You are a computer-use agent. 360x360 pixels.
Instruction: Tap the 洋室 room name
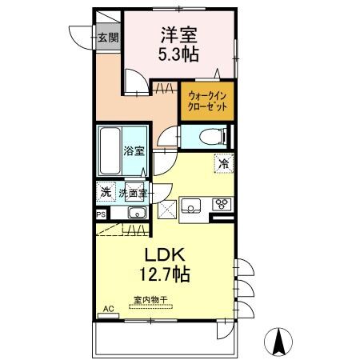[178, 35]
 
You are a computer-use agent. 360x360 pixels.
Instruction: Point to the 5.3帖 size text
[178, 55]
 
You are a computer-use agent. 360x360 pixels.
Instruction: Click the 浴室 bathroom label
[133, 150]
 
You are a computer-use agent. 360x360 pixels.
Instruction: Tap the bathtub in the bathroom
[110, 150]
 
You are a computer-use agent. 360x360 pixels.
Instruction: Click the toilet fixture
[210, 135]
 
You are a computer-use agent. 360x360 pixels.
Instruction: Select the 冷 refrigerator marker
[223, 163]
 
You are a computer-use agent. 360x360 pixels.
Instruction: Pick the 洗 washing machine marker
[105, 192]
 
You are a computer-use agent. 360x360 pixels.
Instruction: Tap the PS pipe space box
[101, 214]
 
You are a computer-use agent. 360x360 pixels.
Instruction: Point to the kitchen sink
[194, 207]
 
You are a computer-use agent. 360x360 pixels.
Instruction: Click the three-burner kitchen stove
[221, 205]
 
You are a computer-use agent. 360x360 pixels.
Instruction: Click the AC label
[109, 309]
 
